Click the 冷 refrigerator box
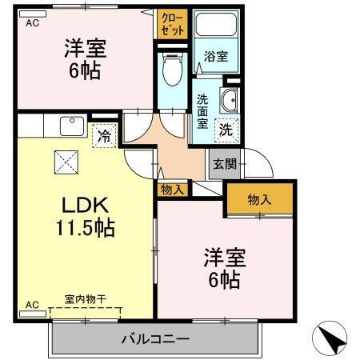point(103,136)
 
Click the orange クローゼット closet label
point(172,23)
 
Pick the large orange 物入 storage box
point(259,200)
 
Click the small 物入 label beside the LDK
point(172,190)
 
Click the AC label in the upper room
point(32,23)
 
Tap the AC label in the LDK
point(32,305)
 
